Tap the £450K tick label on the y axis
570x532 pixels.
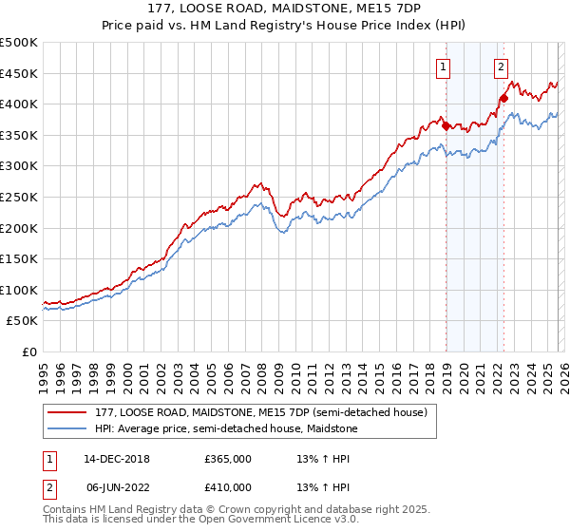pyautogui.click(x=19, y=73)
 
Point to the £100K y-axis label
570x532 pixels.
pyautogui.click(x=19, y=290)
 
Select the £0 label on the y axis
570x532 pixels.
pyautogui.click(x=30, y=351)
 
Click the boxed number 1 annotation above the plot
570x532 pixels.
pyautogui.click(x=445, y=66)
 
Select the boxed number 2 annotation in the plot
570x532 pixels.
pyautogui.click(x=501, y=66)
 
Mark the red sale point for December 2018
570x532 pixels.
pyautogui.click(x=446, y=125)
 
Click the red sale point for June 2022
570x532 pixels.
pyautogui.click(x=504, y=98)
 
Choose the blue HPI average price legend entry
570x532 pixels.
pyautogui.click(x=226, y=428)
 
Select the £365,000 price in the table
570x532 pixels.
pyautogui.click(x=227, y=459)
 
